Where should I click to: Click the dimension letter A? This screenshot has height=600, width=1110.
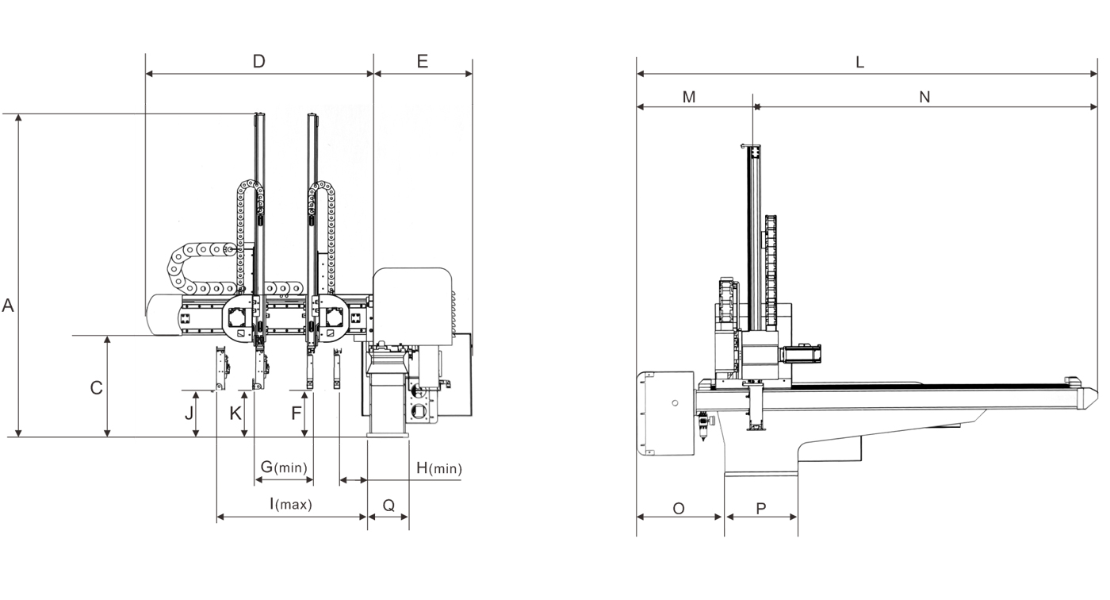(x=8, y=306)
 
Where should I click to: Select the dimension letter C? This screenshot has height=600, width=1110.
(x=96, y=388)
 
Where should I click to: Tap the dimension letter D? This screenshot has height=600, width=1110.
(x=258, y=61)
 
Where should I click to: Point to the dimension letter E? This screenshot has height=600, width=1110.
(x=422, y=61)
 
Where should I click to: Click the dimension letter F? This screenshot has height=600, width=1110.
(x=297, y=413)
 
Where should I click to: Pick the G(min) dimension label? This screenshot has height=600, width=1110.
(x=284, y=467)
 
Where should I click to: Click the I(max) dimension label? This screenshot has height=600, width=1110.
(x=290, y=503)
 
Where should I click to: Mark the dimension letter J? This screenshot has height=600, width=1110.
(x=189, y=413)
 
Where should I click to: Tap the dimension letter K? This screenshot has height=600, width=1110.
(x=235, y=413)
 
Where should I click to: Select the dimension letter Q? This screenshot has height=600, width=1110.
(x=388, y=505)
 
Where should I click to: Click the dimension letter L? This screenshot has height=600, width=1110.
(x=860, y=62)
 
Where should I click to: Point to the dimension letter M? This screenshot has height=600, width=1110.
(x=689, y=97)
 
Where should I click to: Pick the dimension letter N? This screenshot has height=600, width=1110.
(x=924, y=97)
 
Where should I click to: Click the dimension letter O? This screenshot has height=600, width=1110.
(x=679, y=508)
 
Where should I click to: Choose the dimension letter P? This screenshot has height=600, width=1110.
(x=761, y=508)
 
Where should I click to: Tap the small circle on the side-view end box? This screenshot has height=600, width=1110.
(x=674, y=403)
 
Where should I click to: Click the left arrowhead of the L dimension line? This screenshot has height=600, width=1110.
(x=640, y=74)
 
